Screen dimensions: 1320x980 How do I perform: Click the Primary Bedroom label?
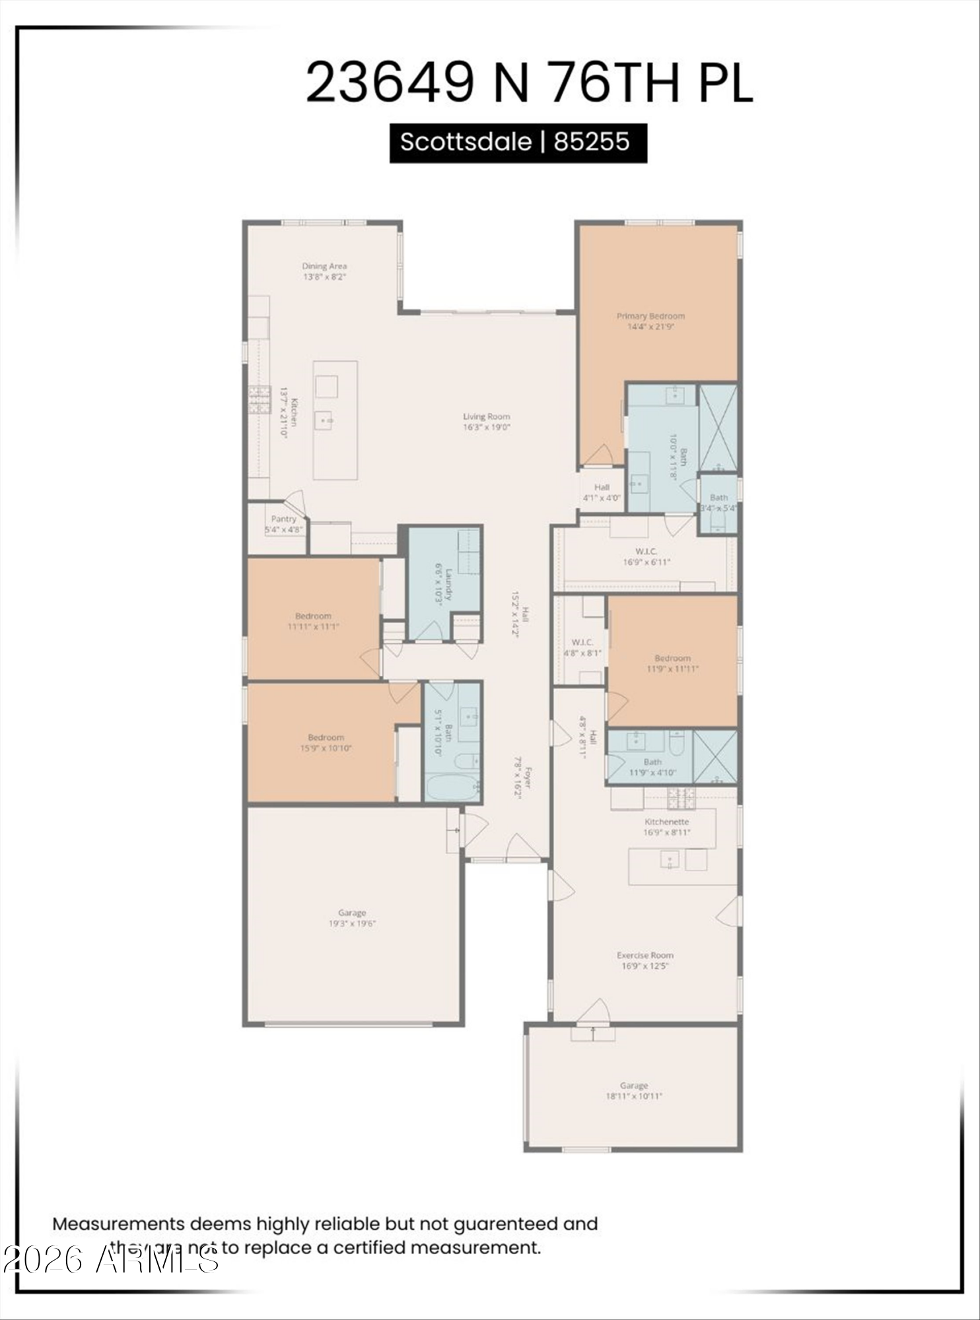click(x=650, y=316)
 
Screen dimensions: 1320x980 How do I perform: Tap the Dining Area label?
click(x=324, y=267)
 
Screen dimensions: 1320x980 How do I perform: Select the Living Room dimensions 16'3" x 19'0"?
click(x=487, y=427)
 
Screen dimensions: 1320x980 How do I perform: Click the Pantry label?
click(x=284, y=519)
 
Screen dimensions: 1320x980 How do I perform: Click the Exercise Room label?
click(x=645, y=955)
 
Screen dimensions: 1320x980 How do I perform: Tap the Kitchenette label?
click(x=667, y=822)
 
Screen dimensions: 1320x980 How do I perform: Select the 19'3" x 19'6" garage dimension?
click(x=352, y=923)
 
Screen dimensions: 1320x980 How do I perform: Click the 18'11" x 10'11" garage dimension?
click(x=634, y=1096)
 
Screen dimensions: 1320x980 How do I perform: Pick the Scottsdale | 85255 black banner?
click(x=518, y=143)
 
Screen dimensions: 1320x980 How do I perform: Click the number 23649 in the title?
click(x=390, y=82)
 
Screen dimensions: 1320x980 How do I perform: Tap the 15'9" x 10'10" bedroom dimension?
click(x=326, y=748)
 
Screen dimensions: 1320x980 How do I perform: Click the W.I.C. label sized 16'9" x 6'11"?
click(x=646, y=551)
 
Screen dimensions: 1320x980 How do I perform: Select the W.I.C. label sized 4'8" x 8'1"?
click(x=582, y=642)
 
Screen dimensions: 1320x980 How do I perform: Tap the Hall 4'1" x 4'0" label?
click(x=602, y=487)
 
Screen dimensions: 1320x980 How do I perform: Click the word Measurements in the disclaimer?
click(x=118, y=1224)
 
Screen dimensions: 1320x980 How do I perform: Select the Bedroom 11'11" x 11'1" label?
click(x=313, y=616)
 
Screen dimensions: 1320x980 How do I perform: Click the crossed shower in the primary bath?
click(x=718, y=427)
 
